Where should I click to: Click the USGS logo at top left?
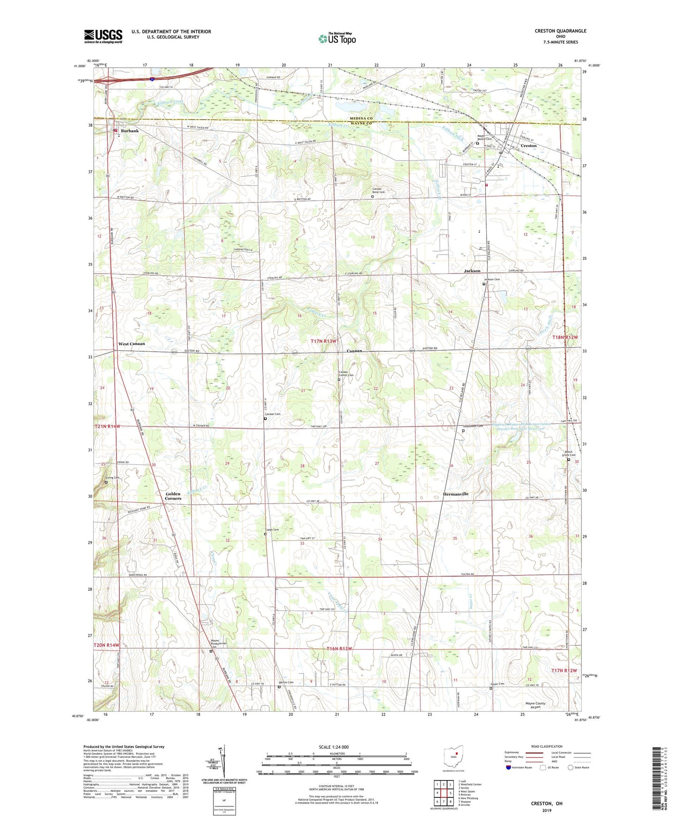pyautogui.click(x=103, y=36)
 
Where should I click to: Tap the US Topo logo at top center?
pyautogui.click(x=336, y=39)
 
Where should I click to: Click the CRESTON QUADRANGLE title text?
pyautogui.click(x=560, y=31)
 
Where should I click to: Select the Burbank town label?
pyautogui.click(x=130, y=131)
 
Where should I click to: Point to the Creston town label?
pyautogui.click(x=528, y=146)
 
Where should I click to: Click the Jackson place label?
pyautogui.click(x=472, y=271)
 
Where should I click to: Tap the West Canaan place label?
pyautogui.click(x=131, y=344)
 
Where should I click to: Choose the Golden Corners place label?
pyautogui.click(x=173, y=496)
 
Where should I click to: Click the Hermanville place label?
pyautogui.click(x=456, y=494)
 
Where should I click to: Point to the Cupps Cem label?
pyautogui.click(x=272, y=530)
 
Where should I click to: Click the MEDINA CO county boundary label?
pyautogui.click(x=360, y=118)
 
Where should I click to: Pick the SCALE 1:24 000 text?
pyautogui.click(x=334, y=747)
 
